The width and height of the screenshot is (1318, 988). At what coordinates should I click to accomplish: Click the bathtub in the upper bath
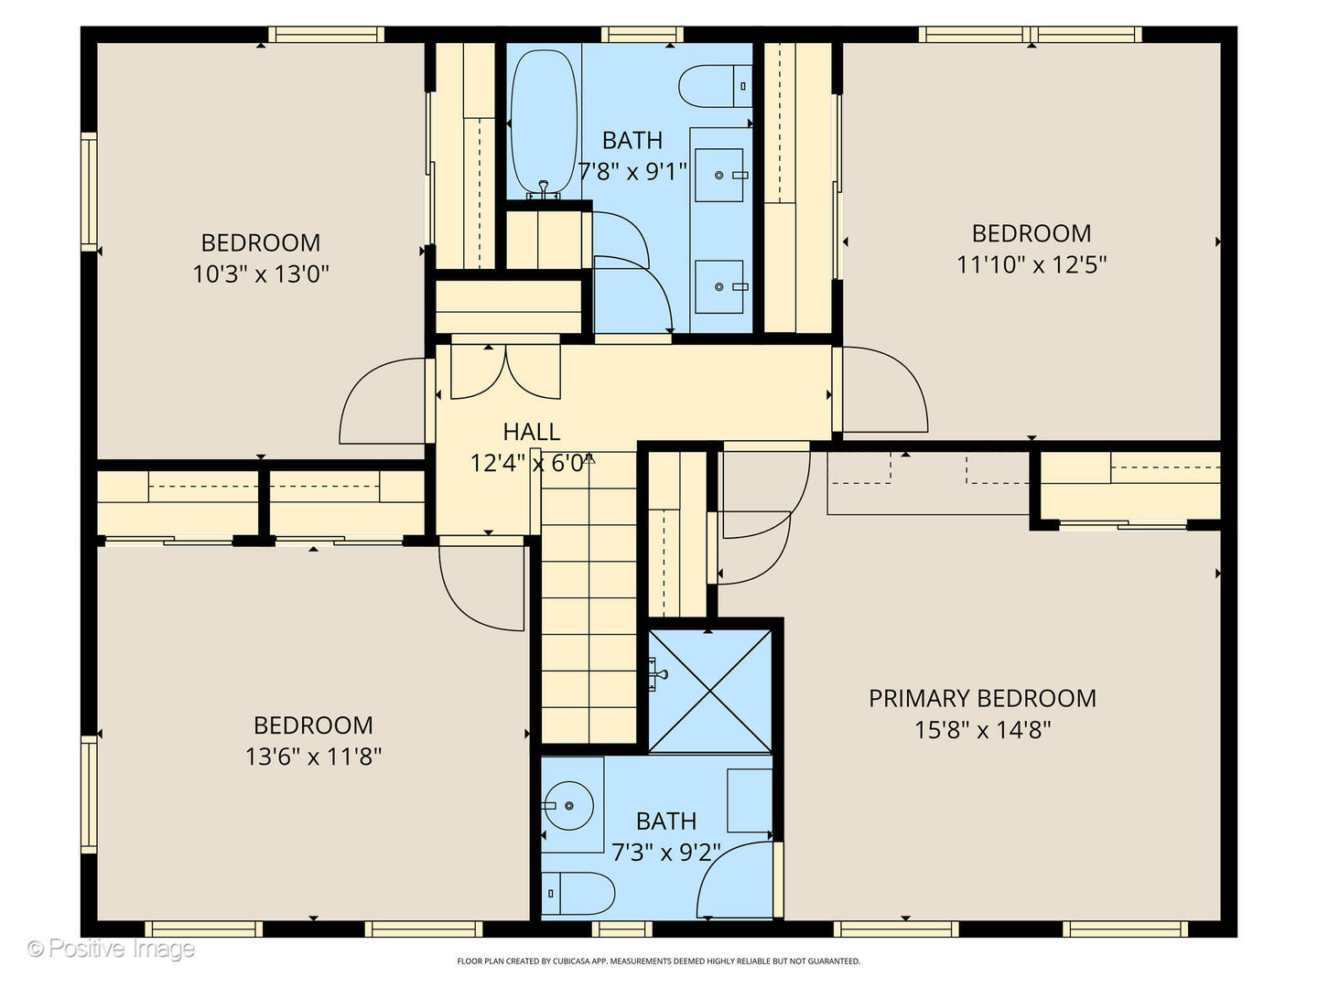point(544,123)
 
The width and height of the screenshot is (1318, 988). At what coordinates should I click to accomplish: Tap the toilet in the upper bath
point(715,86)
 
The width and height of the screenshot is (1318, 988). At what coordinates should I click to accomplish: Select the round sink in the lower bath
point(568,806)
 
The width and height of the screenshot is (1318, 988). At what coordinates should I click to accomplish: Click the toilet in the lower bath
point(578,894)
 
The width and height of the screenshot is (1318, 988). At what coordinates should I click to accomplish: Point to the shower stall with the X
point(710,691)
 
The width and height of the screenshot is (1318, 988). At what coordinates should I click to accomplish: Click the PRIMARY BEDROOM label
point(982,698)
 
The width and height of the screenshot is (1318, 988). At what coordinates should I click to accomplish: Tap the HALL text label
point(532,431)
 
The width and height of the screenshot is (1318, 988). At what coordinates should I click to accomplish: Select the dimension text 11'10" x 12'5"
point(1032,264)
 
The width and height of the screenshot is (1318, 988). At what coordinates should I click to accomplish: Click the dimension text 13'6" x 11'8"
point(313,757)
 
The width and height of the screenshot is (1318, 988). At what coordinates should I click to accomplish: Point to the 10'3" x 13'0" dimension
point(261,274)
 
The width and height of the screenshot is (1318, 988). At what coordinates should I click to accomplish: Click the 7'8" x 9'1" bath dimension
point(632,172)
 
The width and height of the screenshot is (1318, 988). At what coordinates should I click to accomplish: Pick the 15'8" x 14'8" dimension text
point(982,730)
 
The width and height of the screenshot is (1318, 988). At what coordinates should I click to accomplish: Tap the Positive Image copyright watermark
point(111,949)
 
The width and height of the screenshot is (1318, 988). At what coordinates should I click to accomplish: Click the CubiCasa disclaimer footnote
point(659,961)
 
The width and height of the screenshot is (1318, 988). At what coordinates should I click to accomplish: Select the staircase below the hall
point(589,597)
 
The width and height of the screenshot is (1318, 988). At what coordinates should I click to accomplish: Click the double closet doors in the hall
point(505,371)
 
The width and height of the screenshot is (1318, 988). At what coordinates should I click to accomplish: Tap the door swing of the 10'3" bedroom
point(383,401)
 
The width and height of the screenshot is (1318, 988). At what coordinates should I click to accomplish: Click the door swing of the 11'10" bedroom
point(885,390)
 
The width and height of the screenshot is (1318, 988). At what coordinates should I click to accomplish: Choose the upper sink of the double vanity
point(719,175)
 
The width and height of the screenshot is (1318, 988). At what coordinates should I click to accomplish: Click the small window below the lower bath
point(621,929)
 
